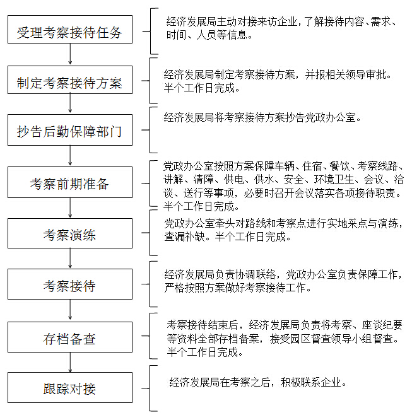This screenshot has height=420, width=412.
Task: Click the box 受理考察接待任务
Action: tap(70, 32)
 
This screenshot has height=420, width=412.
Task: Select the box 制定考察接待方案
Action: tap(70, 83)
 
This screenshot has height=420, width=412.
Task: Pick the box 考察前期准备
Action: tap(70, 184)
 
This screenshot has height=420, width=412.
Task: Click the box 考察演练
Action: tap(70, 235)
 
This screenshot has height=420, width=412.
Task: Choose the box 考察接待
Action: tap(70, 286)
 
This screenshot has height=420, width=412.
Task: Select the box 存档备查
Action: tap(70, 339)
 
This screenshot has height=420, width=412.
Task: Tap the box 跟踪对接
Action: tap(70, 388)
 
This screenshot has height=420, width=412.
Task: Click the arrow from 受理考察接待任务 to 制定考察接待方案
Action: tap(70, 56)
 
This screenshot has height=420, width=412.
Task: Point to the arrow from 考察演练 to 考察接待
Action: tap(70, 259)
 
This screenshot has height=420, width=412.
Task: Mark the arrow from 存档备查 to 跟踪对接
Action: tap(70, 363)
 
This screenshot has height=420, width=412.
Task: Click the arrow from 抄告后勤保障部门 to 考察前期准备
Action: tap(70, 157)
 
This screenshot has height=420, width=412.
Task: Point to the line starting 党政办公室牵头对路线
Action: tap(284, 224)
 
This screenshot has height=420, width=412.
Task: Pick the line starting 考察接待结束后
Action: tap(285, 325)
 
